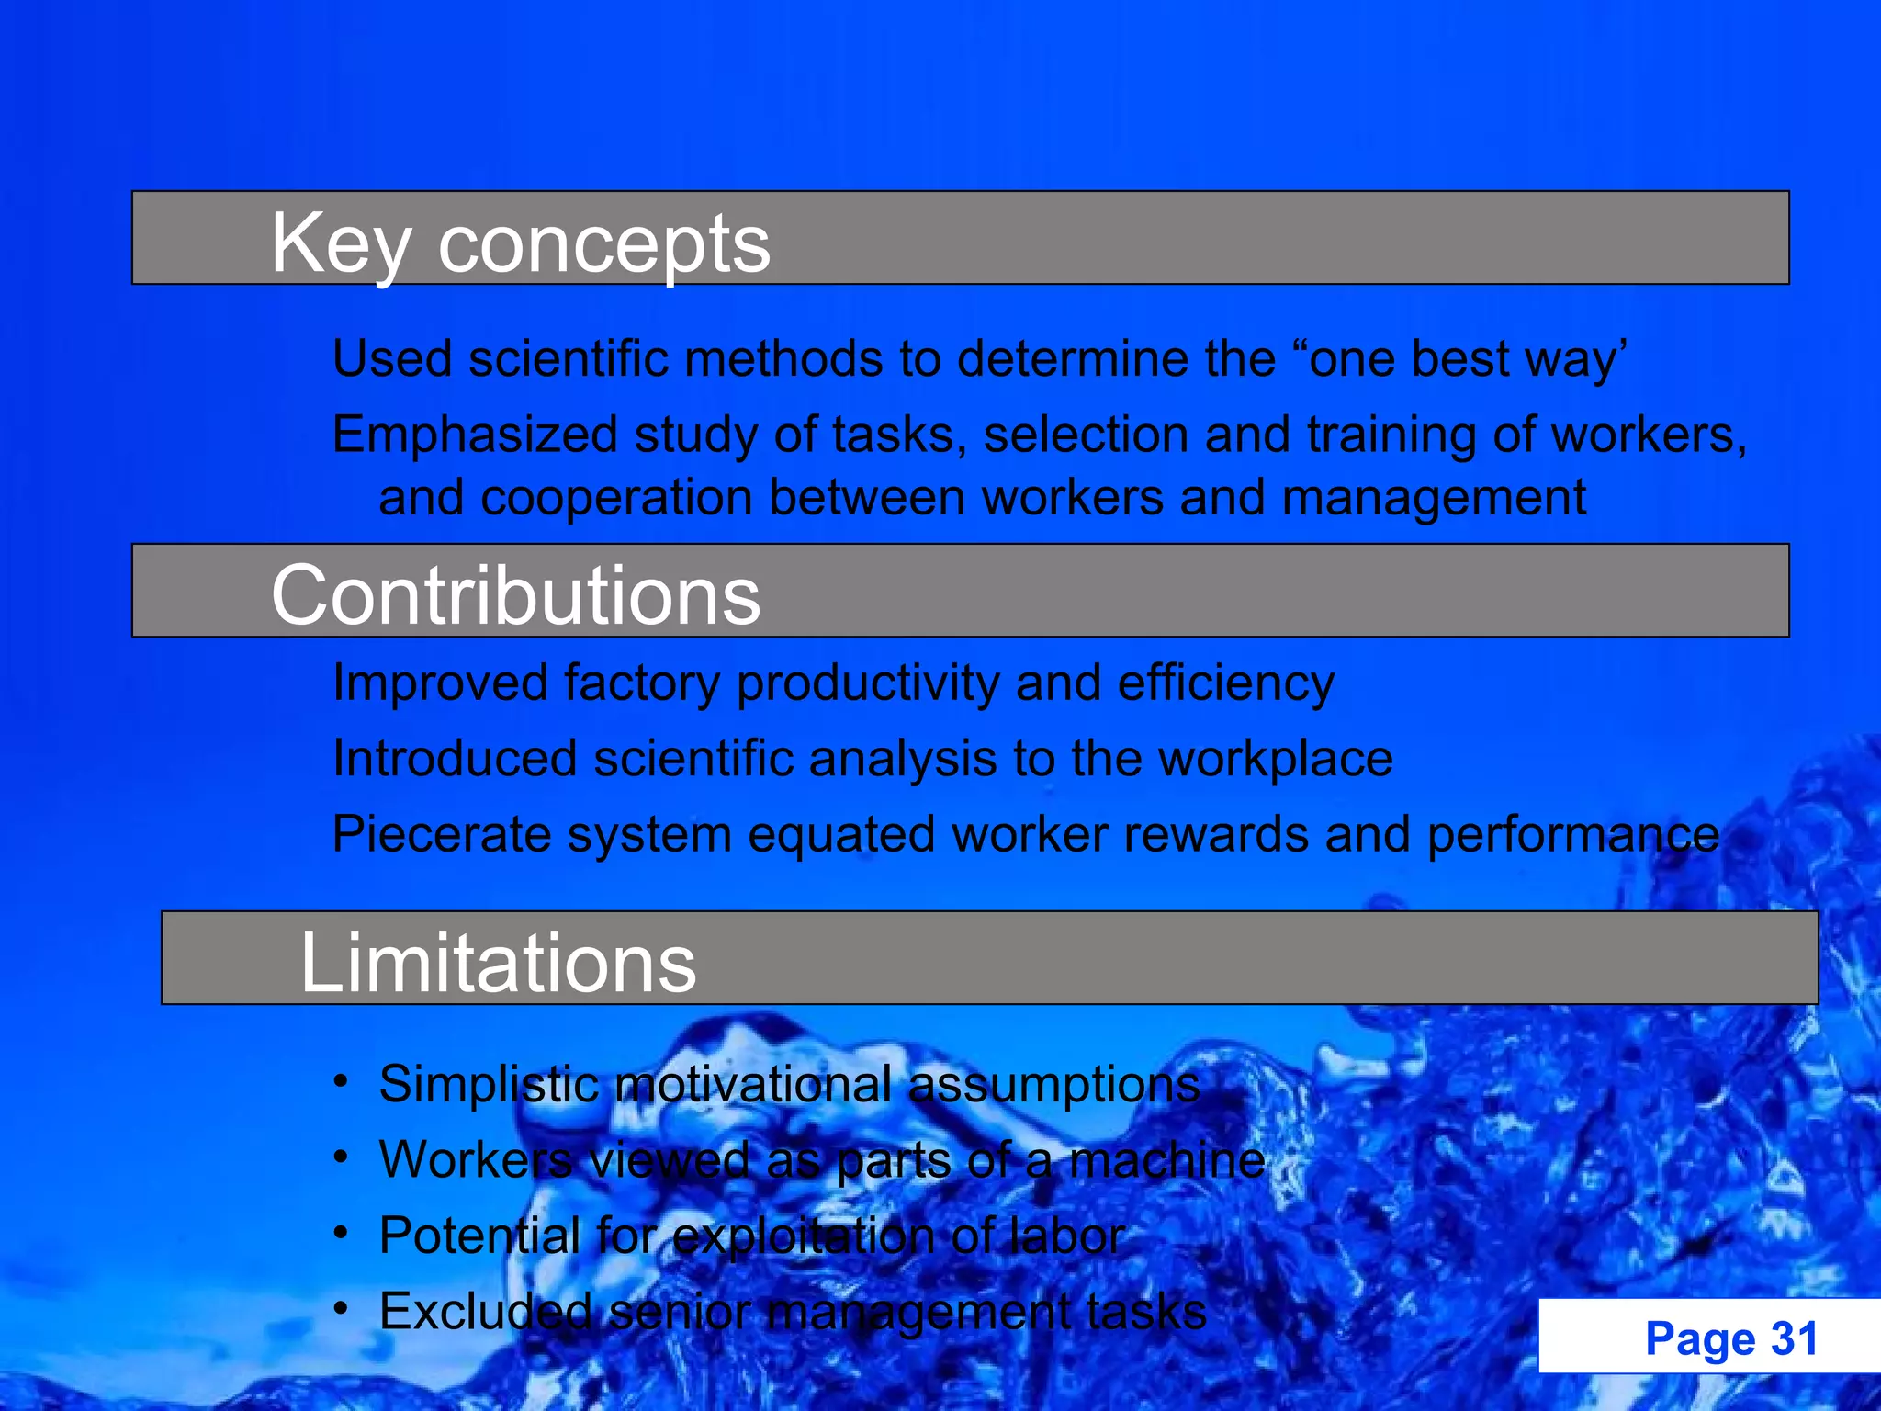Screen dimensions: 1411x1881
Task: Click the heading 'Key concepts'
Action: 520,243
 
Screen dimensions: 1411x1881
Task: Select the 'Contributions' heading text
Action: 515,595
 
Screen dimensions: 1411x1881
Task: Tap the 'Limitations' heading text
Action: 498,963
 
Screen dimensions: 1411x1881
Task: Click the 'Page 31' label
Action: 1731,1338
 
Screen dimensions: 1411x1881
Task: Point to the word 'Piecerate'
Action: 441,835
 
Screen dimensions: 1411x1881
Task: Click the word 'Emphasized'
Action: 474,435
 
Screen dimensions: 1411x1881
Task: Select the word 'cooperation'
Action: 616,498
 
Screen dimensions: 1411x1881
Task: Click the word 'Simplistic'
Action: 489,1084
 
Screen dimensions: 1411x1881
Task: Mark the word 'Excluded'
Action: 485,1311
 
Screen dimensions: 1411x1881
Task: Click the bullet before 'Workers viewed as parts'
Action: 341,1157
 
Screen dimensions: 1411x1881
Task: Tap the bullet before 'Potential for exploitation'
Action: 341,1233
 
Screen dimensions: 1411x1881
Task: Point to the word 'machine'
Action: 1167,1159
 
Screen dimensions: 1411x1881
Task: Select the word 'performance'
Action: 1572,835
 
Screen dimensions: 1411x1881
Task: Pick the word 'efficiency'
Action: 1225,683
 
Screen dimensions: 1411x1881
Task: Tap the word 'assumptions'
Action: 1053,1084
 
